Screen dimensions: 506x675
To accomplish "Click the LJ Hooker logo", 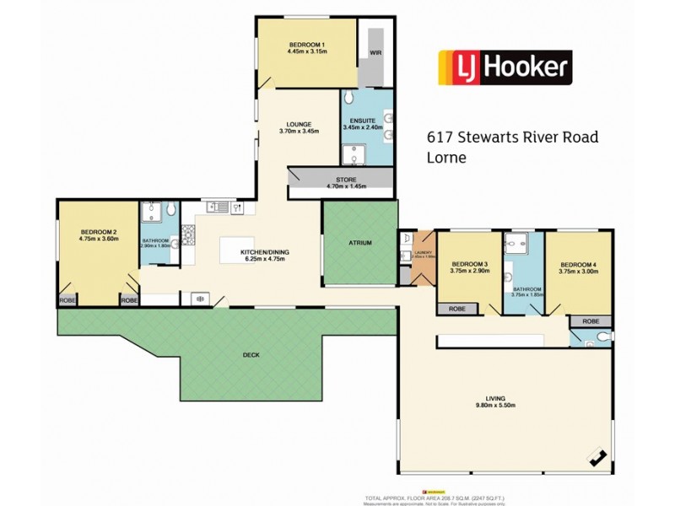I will (x=504, y=67).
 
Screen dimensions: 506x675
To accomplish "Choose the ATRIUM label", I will (x=359, y=243).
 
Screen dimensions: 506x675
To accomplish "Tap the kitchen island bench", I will (x=245, y=251).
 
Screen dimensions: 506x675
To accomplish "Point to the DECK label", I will (x=251, y=355).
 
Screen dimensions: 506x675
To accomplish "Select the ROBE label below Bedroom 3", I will (x=456, y=310).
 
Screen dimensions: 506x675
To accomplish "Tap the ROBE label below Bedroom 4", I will (x=590, y=321).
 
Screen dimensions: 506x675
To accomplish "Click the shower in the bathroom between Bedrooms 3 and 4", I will (x=516, y=245).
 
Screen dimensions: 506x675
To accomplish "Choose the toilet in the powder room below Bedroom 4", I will (x=600, y=338).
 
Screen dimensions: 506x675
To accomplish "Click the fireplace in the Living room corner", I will (x=598, y=458).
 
